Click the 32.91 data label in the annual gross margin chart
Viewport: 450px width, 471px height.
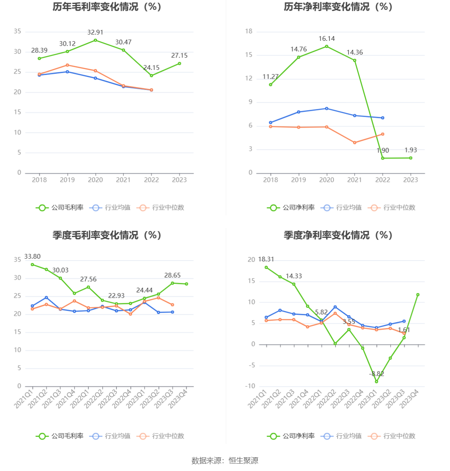click(95, 33)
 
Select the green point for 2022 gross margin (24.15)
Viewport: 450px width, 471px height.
click(151, 76)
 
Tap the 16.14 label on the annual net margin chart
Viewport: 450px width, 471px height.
click(327, 39)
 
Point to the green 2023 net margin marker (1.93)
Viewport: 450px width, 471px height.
click(411, 158)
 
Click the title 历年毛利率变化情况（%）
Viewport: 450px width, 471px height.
click(107, 7)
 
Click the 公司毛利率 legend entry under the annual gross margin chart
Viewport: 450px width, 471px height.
click(60, 208)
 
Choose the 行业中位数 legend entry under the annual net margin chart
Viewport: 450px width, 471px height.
click(392, 208)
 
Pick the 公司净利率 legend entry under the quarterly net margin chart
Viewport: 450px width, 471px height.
click(291, 436)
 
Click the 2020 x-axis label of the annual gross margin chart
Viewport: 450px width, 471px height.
click(95, 180)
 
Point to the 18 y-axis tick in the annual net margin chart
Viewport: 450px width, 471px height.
click(249, 31)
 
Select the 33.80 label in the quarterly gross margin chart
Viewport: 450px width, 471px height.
click(33, 257)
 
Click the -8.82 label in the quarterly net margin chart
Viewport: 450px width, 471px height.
click(377, 374)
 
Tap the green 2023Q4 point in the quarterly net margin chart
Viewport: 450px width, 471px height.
click(418, 295)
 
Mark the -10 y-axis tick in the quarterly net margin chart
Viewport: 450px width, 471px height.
click(250, 386)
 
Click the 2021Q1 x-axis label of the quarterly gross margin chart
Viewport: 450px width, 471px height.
click(24, 398)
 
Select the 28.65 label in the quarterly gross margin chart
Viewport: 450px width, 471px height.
click(172, 275)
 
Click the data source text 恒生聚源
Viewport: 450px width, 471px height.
click(243, 461)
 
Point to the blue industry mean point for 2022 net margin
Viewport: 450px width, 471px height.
click(383, 118)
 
